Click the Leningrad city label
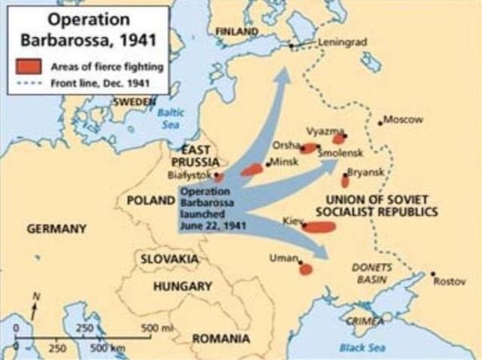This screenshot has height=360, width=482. click(x=343, y=42)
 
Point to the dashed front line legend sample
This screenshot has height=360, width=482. click(x=29, y=81)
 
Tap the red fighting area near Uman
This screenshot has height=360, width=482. click(x=305, y=269)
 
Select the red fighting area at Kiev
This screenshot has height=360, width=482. click(x=319, y=226)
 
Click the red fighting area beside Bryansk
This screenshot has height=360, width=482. click(x=345, y=181)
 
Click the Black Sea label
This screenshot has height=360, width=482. click(x=356, y=348)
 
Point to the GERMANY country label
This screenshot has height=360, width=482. click(x=56, y=228)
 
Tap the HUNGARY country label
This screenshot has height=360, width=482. click(x=182, y=286)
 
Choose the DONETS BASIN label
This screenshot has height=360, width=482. click(x=370, y=273)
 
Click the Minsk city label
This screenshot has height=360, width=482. click(x=285, y=162)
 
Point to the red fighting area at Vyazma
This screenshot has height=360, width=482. click(x=339, y=139)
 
